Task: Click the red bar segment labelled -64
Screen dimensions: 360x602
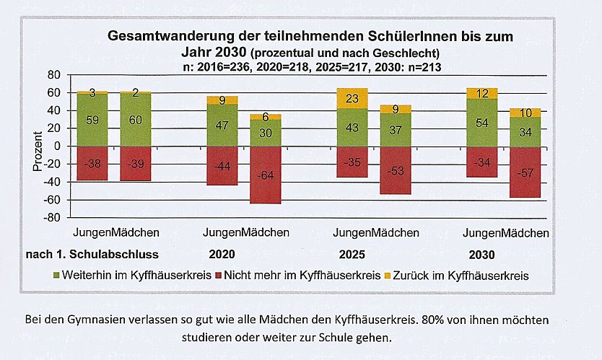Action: click(x=266, y=175)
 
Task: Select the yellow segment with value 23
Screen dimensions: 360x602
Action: click(x=352, y=99)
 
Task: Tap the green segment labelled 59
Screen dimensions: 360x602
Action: click(x=92, y=120)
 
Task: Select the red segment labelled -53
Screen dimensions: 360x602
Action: click(x=396, y=170)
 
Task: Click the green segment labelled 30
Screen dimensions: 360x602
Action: click(x=266, y=133)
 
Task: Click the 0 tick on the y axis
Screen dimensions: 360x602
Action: click(x=53, y=146)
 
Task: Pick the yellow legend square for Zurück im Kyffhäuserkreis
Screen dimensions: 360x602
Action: click(x=389, y=276)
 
